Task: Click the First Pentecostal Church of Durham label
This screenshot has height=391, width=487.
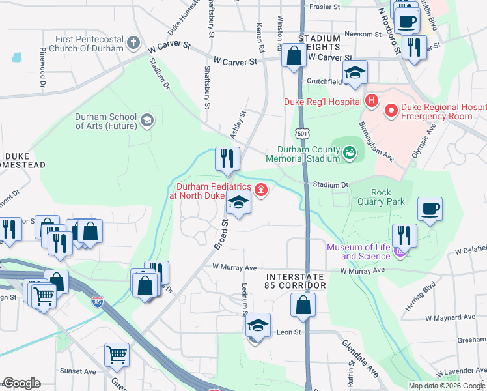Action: click(x=89, y=44)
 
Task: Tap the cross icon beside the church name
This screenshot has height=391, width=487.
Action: click(x=133, y=44)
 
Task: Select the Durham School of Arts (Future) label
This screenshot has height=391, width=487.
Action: click(x=105, y=121)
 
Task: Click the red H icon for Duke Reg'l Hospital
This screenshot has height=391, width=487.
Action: click(x=372, y=101)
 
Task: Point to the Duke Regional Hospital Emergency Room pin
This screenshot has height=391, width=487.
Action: click(x=391, y=111)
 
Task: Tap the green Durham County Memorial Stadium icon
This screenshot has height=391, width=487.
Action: click(x=350, y=153)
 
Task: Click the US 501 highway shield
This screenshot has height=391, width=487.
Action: click(x=302, y=133)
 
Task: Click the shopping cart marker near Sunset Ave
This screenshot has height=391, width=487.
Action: click(x=117, y=356)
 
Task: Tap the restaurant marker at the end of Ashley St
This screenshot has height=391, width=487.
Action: click(x=227, y=159)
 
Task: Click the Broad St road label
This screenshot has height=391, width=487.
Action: click(x=221, y=234)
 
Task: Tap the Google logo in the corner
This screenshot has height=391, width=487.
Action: click(x=21, y=384)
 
